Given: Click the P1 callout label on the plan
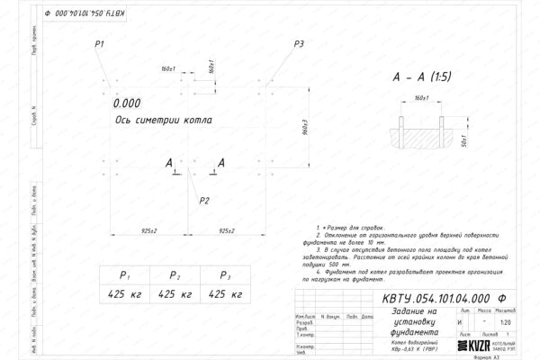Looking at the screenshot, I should coord(99,44).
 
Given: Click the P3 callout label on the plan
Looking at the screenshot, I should coord(299,44).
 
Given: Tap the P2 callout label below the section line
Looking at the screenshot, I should coord(204,199).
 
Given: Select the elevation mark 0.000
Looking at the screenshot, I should coord(128,103).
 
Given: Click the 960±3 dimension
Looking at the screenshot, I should coord(307,130).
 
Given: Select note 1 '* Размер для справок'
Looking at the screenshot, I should coord(356,232).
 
